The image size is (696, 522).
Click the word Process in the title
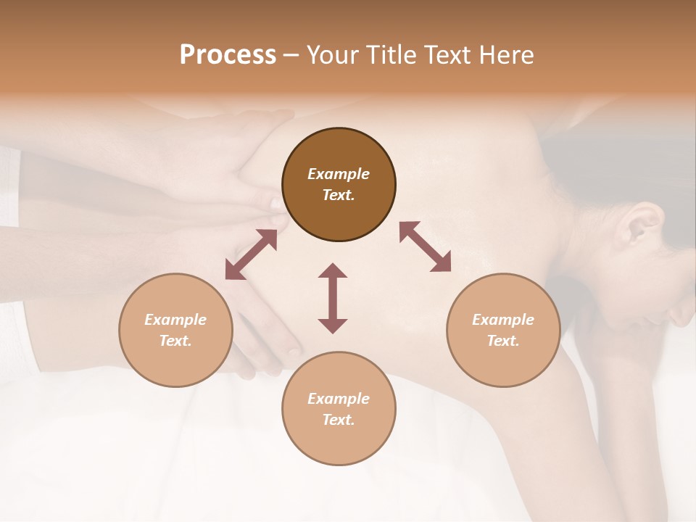click(228, 55)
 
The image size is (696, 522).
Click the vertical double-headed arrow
click(333, 298)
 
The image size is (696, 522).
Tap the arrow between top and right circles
click(426, 246)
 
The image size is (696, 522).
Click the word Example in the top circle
click(339, 174)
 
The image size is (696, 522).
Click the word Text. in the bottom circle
click(339, 420)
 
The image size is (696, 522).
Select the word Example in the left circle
click(175, 320)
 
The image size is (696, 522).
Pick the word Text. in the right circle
click(503, 341)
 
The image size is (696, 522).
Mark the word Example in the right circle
click(503, 320)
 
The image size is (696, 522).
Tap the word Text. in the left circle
click(175, 341)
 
